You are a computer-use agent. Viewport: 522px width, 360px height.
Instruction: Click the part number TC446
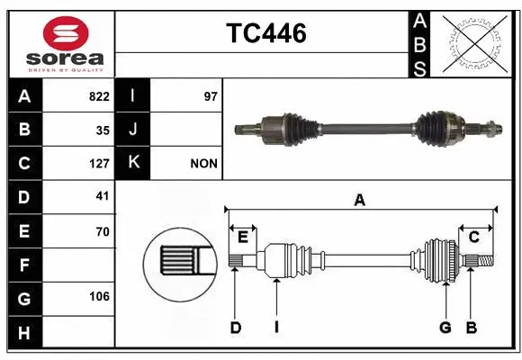(265, 33)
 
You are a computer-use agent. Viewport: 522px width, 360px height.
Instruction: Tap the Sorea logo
(60, 42)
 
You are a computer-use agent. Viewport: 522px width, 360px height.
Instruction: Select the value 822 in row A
(98, 96)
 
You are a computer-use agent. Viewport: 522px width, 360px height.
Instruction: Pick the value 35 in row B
(102, 130)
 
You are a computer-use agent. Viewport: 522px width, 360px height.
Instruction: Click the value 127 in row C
(98, 164)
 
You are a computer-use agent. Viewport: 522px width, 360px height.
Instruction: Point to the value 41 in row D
(102, 197)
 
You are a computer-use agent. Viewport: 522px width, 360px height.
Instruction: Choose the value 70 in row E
(102, 231)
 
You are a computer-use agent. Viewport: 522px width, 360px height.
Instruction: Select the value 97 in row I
(211, 96)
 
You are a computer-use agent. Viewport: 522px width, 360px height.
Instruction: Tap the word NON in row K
(204, 164)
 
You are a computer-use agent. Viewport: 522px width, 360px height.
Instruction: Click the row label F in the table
(23, 265)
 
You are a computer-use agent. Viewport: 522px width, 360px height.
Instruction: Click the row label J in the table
(132, 130)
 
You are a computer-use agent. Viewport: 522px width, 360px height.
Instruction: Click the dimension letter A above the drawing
(360, 200)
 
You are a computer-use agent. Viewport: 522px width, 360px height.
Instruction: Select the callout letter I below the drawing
(276, 328)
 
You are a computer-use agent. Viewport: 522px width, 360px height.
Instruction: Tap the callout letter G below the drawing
(445, 328)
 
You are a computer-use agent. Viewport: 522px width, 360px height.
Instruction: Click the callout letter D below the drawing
(235, 328)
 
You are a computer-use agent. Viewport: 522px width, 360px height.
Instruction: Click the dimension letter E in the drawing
(243, 237)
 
